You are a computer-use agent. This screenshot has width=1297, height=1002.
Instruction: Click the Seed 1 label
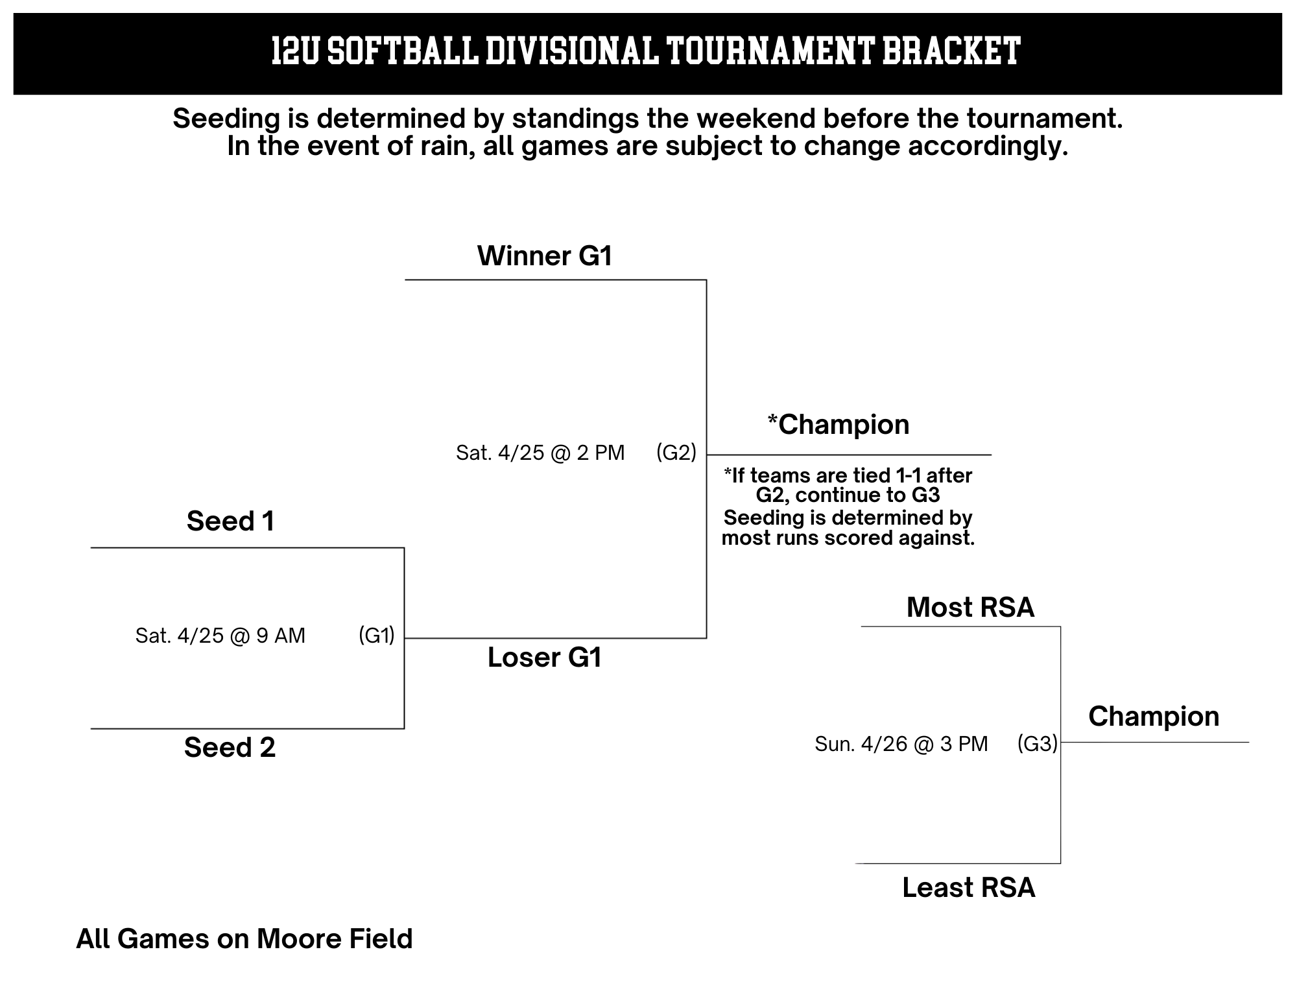[230, 521]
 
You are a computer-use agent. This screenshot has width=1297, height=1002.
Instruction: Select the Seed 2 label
[230, 748]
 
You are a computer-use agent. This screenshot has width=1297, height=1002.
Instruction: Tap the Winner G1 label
[545, 256]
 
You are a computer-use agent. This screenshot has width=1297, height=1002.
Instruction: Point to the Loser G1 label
[545, 658]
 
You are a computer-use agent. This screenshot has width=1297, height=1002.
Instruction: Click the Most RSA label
[970, 608]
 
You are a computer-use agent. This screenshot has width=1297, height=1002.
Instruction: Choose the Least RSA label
[969, 888]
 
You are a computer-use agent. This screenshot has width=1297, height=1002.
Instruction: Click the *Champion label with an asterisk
[839, 425]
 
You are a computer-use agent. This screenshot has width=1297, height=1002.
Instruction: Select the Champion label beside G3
[1154, 717]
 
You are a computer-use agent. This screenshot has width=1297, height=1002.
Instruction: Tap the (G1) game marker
[377, 636]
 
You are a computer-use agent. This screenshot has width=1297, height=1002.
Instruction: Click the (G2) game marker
[676, 453]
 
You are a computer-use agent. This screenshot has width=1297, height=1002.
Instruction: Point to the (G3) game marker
[1038, 744]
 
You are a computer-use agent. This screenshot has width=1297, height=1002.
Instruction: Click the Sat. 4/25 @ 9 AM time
[220, 636]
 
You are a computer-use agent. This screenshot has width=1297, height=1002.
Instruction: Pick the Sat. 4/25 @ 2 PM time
[540, 453]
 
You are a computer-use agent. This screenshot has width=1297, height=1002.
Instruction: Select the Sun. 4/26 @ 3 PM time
[901, 744]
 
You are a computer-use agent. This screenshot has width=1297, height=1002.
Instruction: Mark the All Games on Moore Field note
[244, 939]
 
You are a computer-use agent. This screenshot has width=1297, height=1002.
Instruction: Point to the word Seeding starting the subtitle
[226, 119]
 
